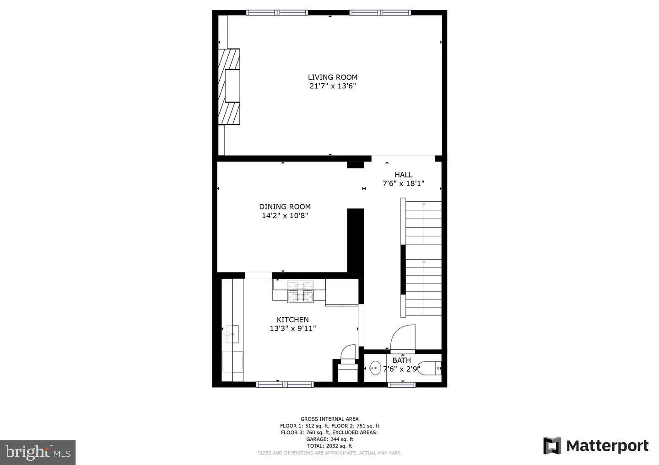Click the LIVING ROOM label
(x=332, y=77)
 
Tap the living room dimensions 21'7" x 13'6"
(x=332, y=86)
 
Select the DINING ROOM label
(x=285, y=207)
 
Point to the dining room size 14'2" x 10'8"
(x=285, y=216)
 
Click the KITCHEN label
(x=292, y=320)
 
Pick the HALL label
(x=403, y=175)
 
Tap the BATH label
(x=401, y=360)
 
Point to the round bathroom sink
(x=375, y=368)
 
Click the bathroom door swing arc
(x=403, y=338)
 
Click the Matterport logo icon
(x=552, y=446)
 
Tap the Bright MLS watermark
(x=38, y=453)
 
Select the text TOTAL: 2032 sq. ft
(x=329, y=446)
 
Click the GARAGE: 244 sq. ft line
(x=329, y=439)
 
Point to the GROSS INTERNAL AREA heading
(x=329, y=419)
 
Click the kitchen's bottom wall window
(x=285, y=385)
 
